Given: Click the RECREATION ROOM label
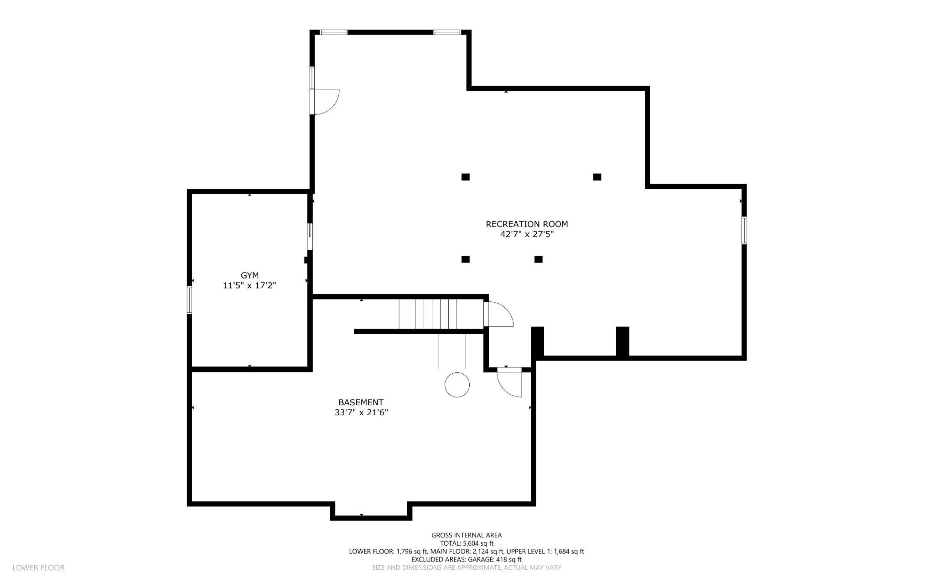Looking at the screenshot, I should pos(527,224).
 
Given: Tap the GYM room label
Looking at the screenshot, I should pos(249,275).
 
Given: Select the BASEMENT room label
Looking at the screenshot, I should pos(361,402).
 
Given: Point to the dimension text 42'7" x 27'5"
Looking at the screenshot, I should pos(527,234).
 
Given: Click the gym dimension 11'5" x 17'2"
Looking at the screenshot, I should pos(249,286).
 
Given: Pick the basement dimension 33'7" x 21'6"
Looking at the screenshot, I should pos(361,413).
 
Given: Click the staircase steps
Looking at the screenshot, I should pos(427,314).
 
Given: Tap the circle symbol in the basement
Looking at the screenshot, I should pos(457,384).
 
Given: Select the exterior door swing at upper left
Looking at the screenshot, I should pos(325,101).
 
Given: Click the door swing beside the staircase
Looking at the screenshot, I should pos(499,314).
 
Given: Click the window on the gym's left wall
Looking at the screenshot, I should pos(189,300).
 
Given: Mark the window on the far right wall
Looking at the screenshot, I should pos(744,230).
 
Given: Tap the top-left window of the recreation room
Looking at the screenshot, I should pos(333,32).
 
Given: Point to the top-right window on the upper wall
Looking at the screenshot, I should pos(447,32).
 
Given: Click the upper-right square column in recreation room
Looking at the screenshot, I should pos(597,177).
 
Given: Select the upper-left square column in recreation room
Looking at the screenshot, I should pos(465,177).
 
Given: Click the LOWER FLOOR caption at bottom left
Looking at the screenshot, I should pos(38,568).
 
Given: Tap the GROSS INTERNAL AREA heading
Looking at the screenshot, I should pos(467,535).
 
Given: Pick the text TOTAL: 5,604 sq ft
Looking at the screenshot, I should pos(467,543).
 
